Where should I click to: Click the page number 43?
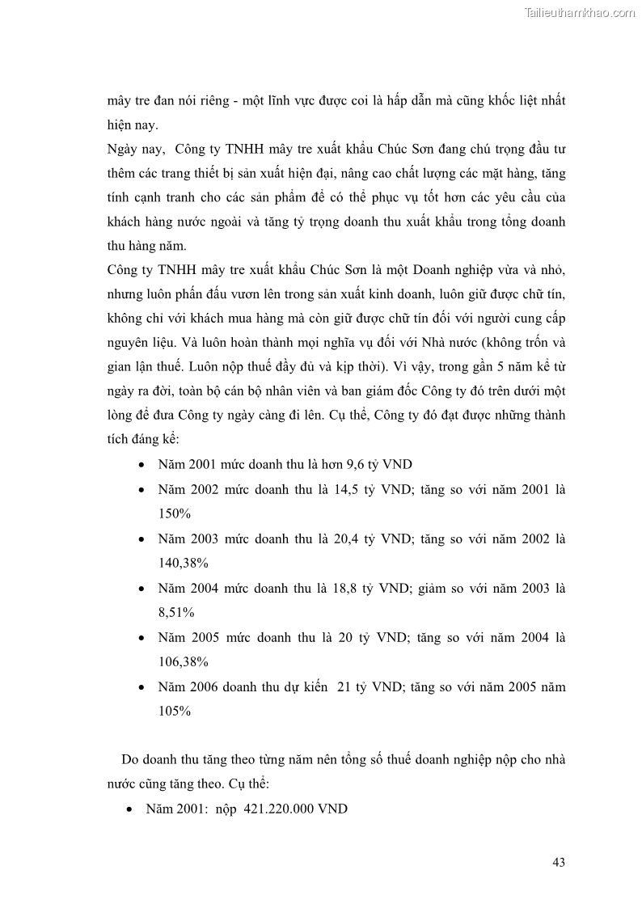[558, 861]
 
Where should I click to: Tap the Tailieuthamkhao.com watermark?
[580, 12]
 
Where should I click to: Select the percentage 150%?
[174, 513]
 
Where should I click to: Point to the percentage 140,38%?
[184, 563]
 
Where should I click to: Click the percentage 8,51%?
[176, 612]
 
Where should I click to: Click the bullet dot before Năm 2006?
[142, 687]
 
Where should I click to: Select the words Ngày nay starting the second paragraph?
[133, 150]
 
